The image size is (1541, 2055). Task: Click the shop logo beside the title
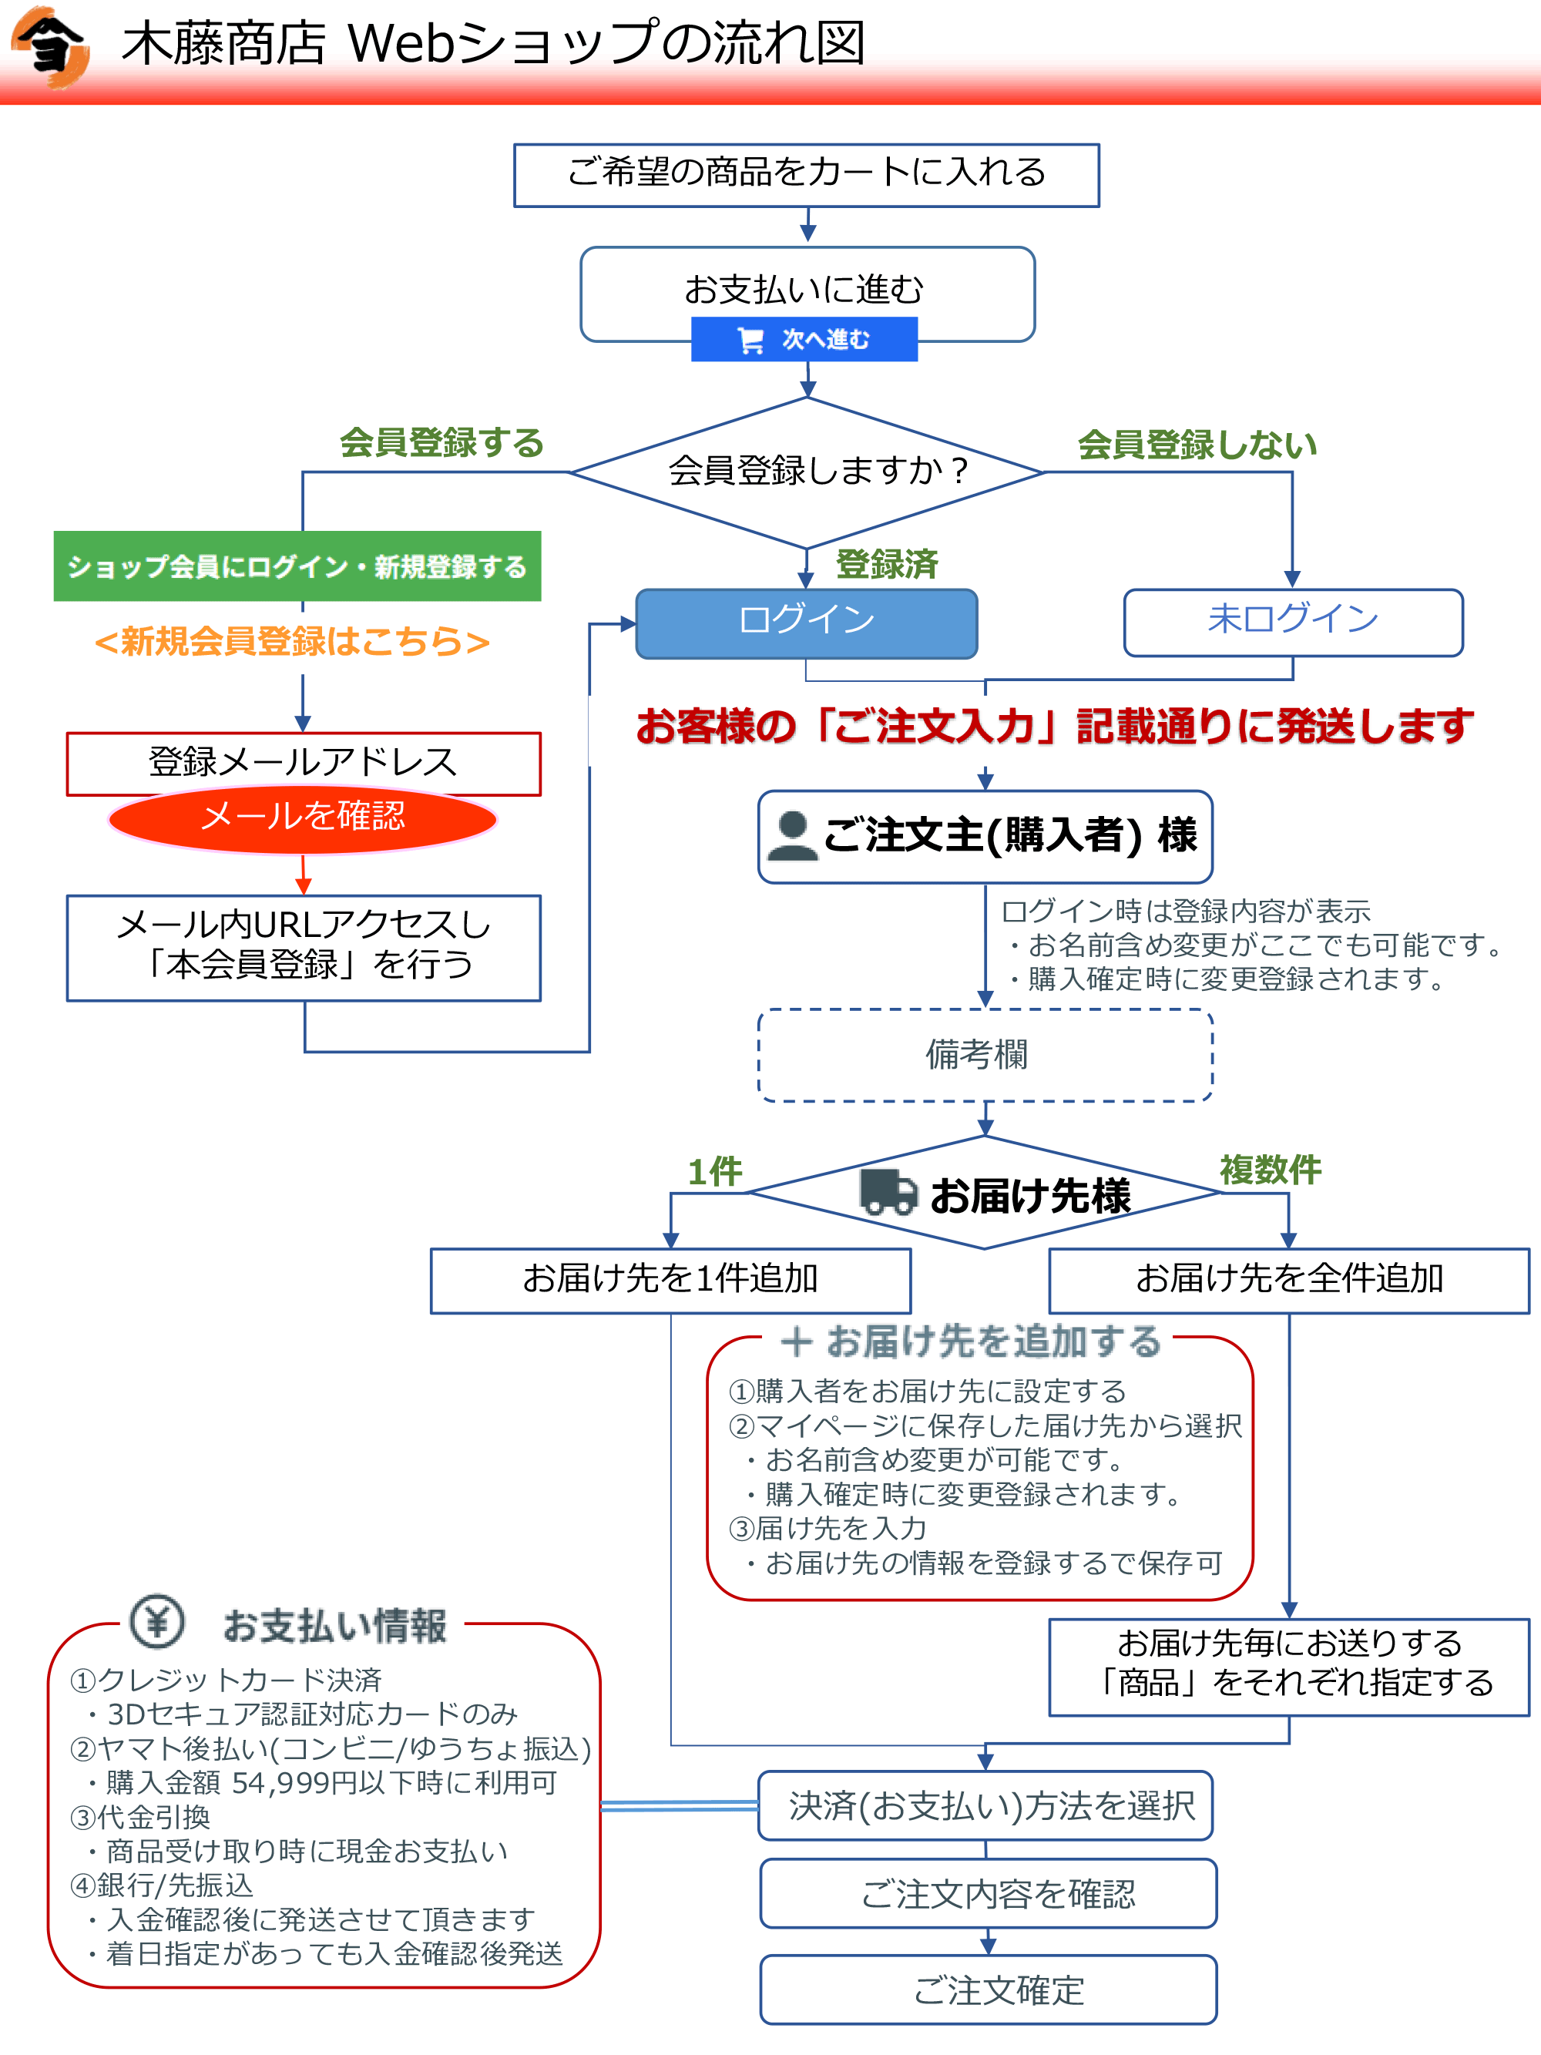click(51, 46)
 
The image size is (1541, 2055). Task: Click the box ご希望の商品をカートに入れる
click(806, 175)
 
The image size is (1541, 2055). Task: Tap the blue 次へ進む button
click(804, 339)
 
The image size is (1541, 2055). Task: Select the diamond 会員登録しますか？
click(806, 472)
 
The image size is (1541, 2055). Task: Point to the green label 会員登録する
click(441, 443)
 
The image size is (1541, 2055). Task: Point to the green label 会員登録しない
click(1197, 445)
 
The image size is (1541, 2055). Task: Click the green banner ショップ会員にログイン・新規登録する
click(297, 566)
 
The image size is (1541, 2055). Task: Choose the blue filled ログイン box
click(806, 623)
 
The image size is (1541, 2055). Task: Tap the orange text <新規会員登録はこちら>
click(292, 642)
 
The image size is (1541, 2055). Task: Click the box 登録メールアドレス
click(303, 762)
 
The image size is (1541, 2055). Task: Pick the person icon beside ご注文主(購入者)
click(792, 836)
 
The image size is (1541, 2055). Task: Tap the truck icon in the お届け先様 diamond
click(888, 1192)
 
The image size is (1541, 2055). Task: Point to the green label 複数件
click(1270, 1170)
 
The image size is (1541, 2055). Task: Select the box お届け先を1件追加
click(670, 1280)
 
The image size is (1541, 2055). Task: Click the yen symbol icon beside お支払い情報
click(157, 1622)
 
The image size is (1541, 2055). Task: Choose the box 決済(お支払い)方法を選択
click(985, 1805)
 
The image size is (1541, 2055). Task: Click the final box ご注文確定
click(989, 1990)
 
